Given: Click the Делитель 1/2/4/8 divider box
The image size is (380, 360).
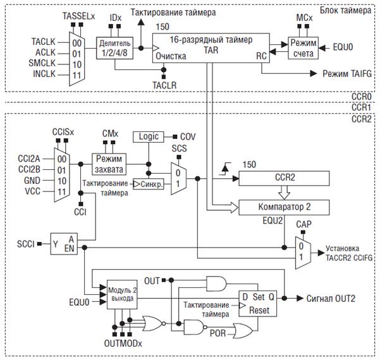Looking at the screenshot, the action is click(114, 48).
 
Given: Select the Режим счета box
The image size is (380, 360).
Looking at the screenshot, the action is click(303, 48).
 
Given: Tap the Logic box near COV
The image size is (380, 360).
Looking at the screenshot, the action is click(149, 137).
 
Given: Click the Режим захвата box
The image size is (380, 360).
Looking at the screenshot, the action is click(109, 164).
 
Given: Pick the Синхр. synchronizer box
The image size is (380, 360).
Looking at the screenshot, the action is click(149, 184).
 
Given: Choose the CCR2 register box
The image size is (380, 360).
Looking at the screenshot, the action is click(284, 178).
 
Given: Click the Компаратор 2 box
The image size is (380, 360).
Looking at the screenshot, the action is click(284, 208).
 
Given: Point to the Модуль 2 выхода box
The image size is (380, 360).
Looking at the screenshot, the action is click(122, 294).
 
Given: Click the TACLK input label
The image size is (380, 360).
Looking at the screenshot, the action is click(44, 42).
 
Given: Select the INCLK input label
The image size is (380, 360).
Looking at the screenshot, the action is click(44, 74).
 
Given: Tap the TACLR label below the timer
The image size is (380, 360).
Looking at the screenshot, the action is click(164, 85).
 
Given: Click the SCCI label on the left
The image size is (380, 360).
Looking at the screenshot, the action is click(26, 244).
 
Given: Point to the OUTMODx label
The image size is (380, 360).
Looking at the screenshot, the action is click(123, 344).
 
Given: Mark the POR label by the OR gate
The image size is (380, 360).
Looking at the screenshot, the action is click(218, 333).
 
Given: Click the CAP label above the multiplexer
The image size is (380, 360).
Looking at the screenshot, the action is click(303, 224).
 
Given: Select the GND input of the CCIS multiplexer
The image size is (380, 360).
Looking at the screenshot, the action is click(32, 181).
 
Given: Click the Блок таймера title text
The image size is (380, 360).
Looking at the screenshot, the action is click(345, 10).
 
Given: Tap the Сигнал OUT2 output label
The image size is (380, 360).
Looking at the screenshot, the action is click(331, 299).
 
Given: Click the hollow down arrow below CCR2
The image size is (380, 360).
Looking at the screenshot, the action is click(284, 193).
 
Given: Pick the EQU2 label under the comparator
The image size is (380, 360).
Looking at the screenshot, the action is click(273, 220).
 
